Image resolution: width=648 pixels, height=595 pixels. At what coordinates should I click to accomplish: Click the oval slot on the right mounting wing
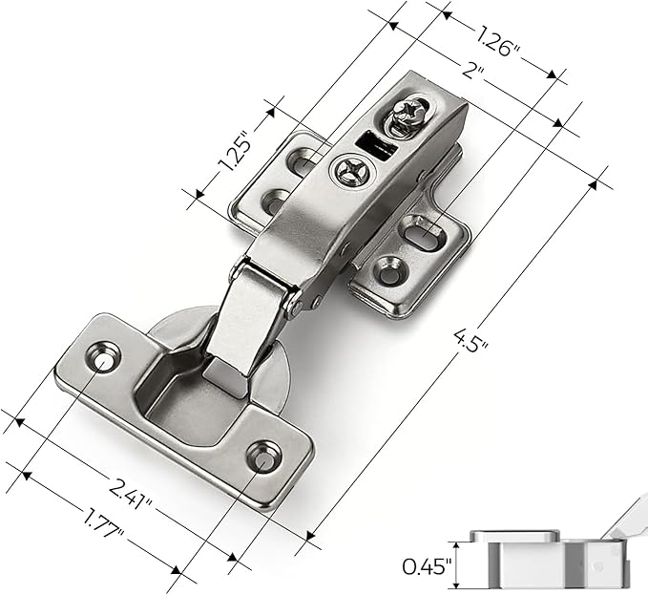click(420, 229)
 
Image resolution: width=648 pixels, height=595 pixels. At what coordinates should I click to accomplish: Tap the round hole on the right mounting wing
click(388, 272)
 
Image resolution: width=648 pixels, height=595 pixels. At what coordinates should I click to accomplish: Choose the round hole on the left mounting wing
click(274, 202)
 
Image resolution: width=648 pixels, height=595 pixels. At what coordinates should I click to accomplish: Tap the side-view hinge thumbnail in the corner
click(554, 554)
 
